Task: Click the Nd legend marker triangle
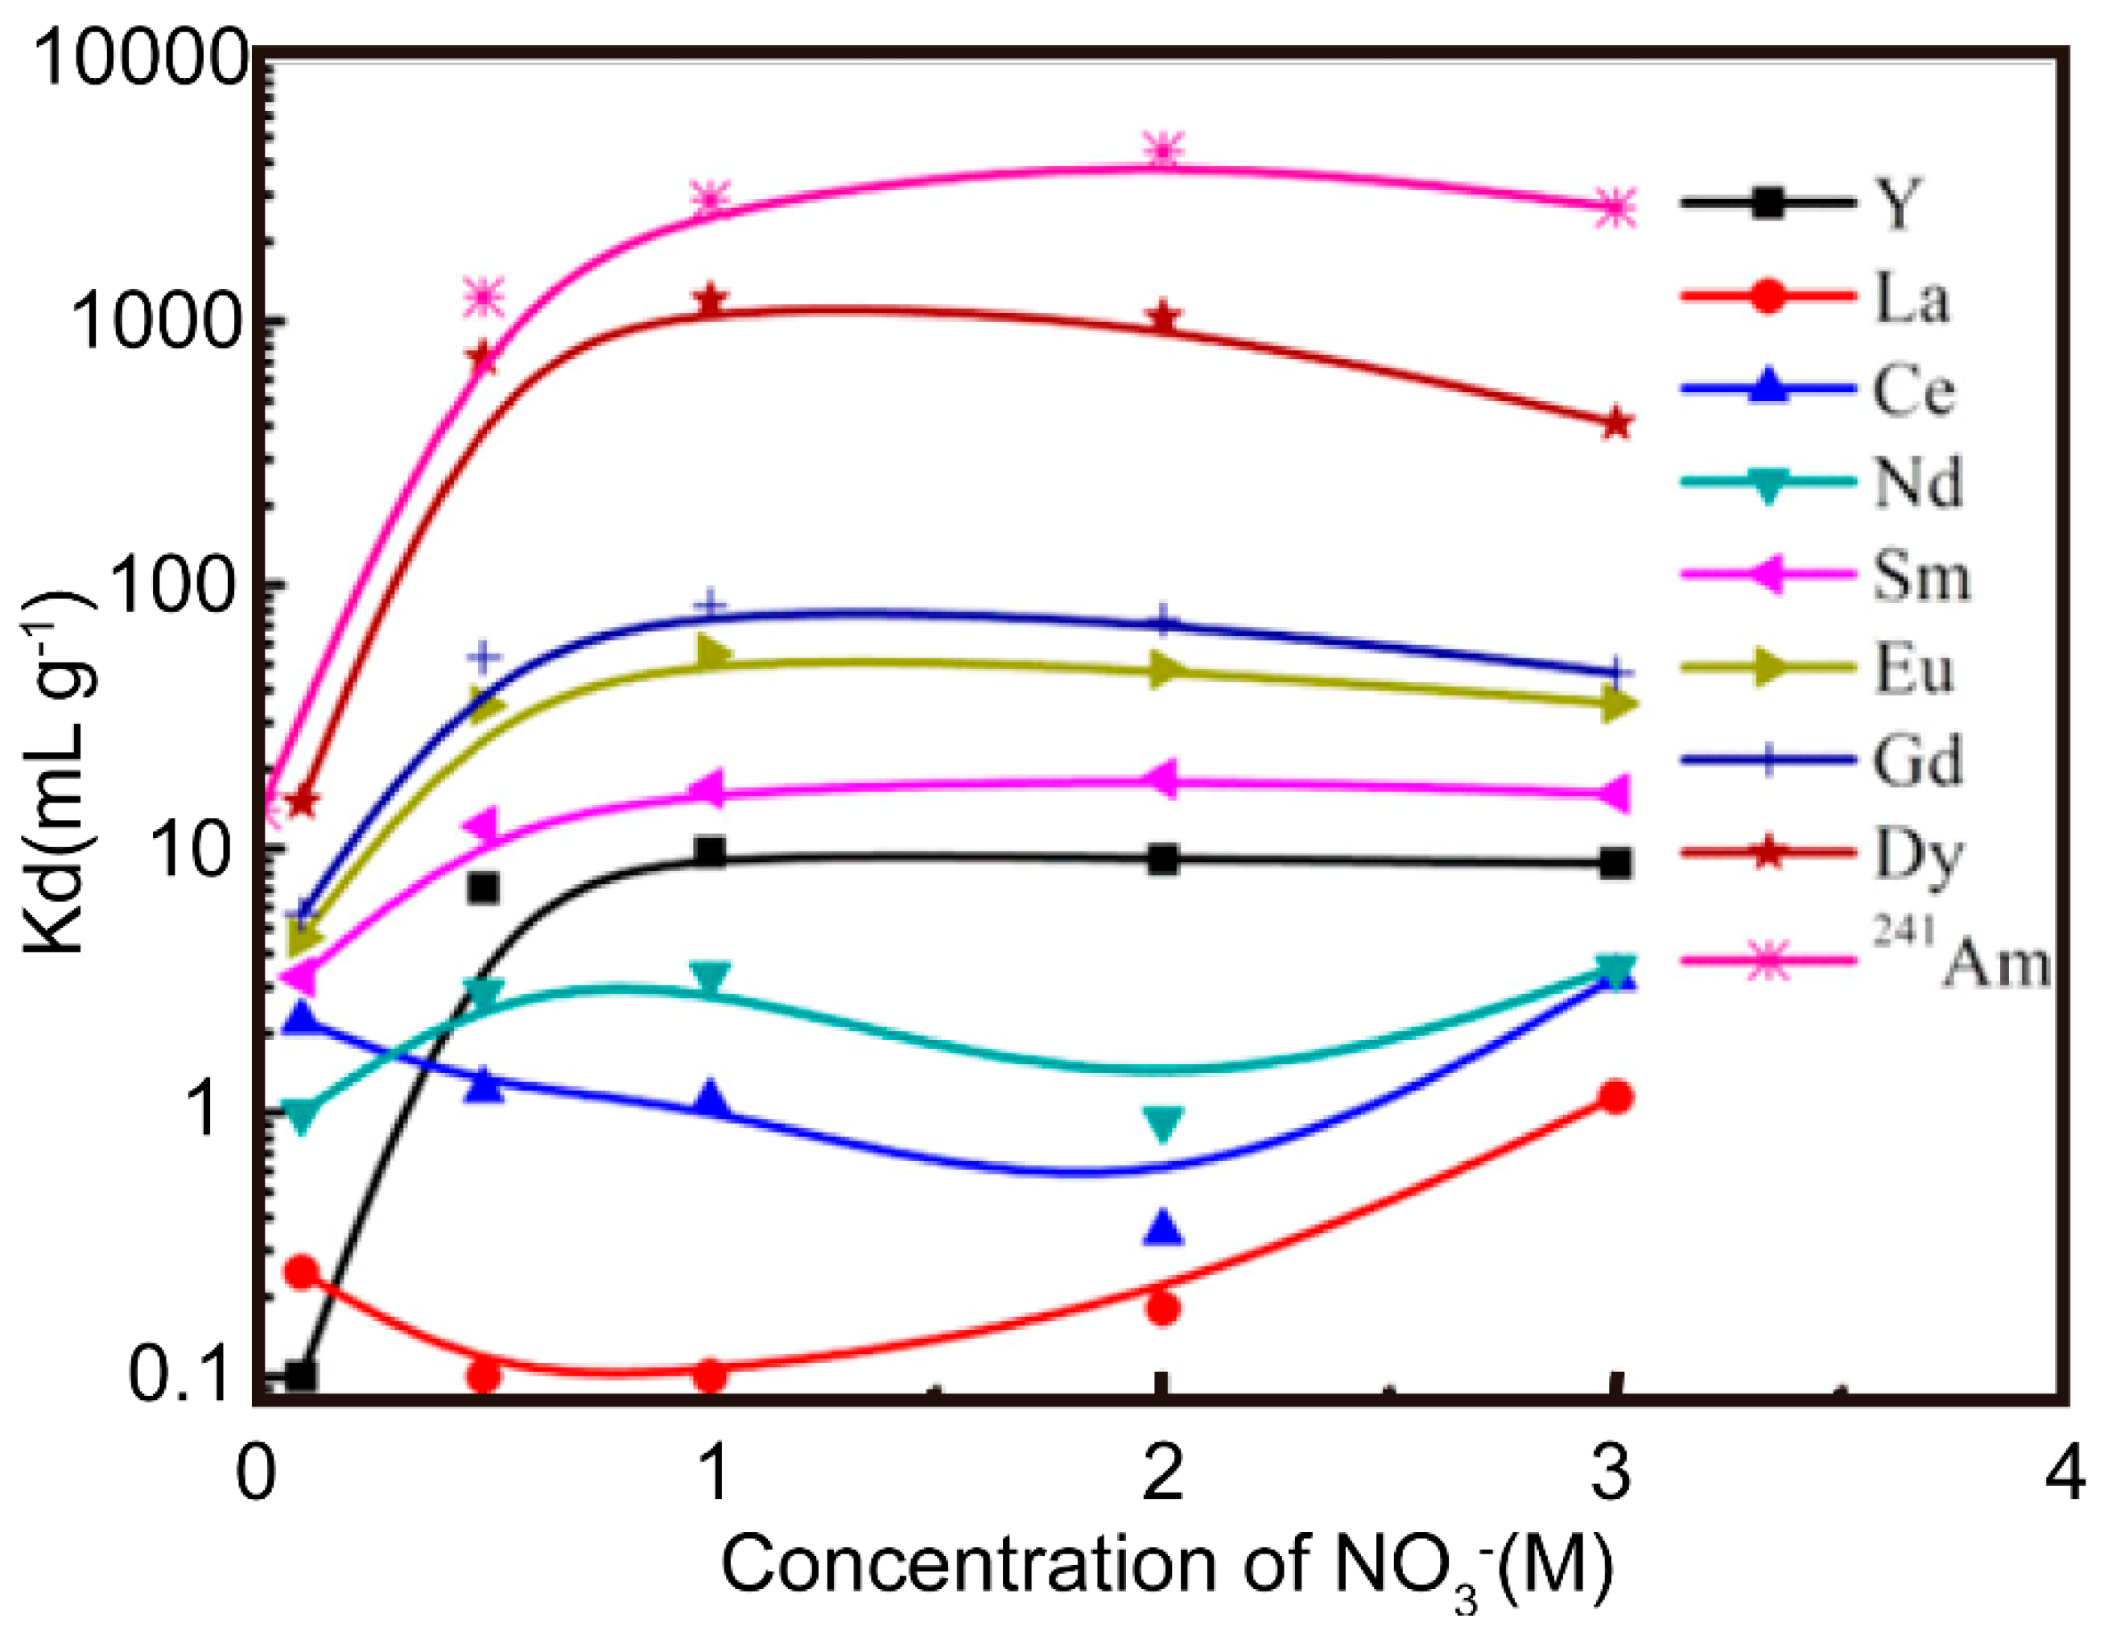click(x=1768, y=485)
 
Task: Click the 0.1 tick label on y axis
click(x=183, y=1375)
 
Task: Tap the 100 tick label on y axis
click(x=183, y=585)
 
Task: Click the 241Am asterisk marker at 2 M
click(x=1164, y=151)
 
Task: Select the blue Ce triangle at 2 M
click(x=1164, y=1227)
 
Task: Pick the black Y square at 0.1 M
click(x=300, y=1375)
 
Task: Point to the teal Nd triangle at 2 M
click(x=1164, y=1122)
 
